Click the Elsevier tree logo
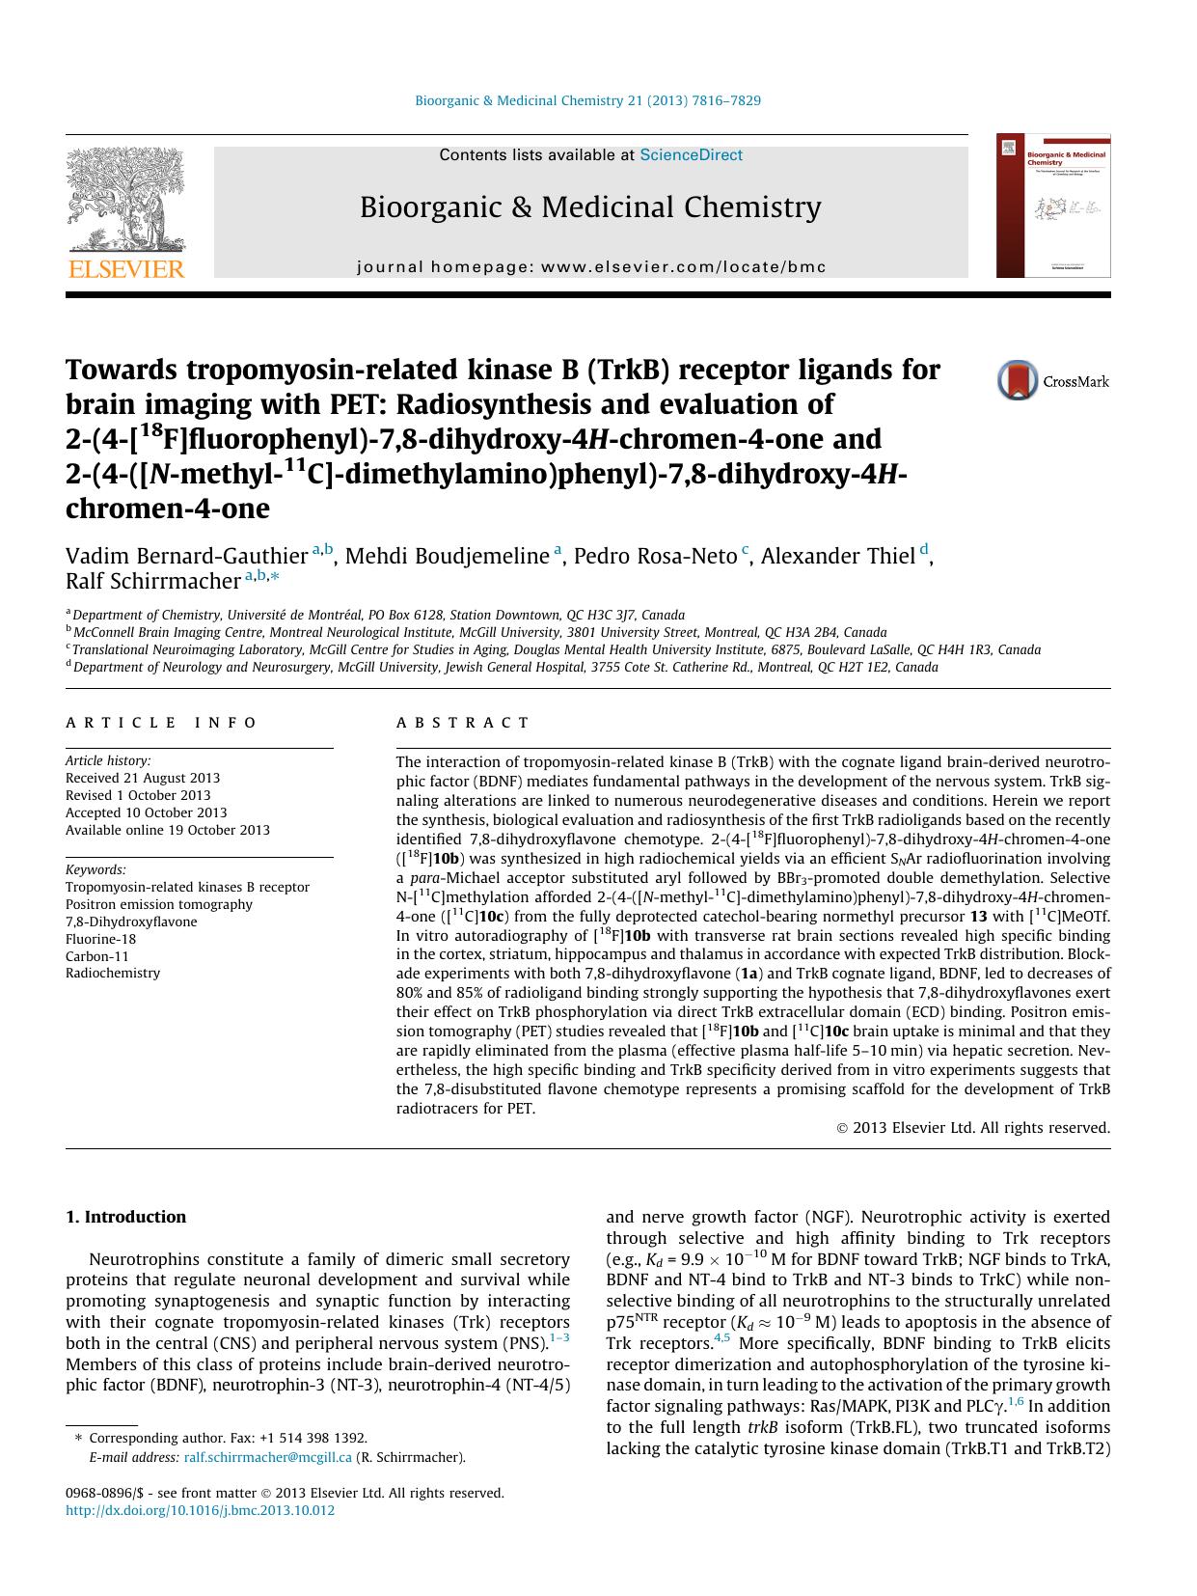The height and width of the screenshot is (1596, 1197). [x=125, y=202]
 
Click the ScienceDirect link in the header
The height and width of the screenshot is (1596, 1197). [x=691, y=155]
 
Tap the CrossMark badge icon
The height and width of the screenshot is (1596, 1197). [x=1018, y=380]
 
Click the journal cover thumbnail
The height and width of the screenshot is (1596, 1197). [x=1052, y=206]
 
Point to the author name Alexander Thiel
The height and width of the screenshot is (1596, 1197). [x=837, y=557]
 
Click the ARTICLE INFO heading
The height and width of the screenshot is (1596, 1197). [x=161, y=723]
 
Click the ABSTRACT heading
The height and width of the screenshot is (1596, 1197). [x=462, y=723]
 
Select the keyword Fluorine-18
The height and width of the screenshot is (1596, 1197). [x=100, y=939]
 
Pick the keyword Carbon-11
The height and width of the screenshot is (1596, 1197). [x=96, y=956]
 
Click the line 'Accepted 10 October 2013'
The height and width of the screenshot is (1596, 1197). [x=146, y=812]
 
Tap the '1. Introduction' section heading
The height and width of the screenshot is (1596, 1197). [x=125, y=1217]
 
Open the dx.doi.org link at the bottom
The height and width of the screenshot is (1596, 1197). [x=200, y=1510]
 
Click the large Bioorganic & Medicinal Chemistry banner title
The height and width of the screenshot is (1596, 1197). [x=590, y=207]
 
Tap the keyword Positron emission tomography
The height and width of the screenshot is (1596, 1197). [x=158, y=904]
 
